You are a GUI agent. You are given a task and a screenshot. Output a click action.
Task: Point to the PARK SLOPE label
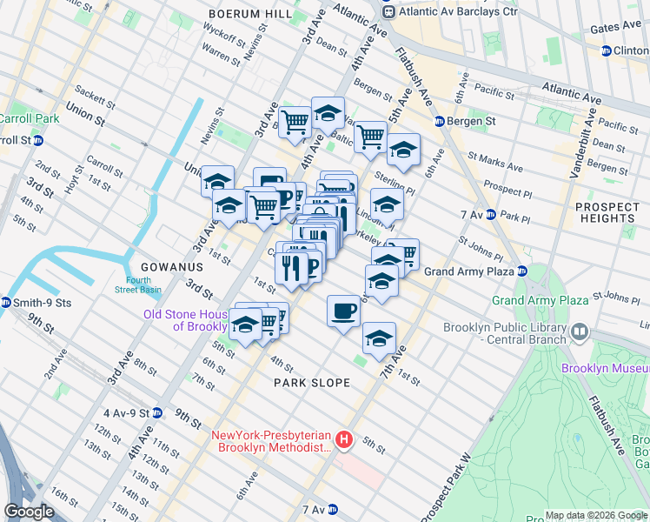[x=312, y=383]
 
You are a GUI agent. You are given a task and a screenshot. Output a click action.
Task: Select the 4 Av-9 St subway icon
[x=156, y=412]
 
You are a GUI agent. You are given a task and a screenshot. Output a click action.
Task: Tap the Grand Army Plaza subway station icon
[x=522, y=271]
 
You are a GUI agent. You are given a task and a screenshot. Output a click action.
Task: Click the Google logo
[x=30, y=512]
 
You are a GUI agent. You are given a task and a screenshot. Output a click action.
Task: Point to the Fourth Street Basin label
[x=139, y=284]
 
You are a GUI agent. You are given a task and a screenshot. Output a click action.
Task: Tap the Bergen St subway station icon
[x=440, y=121]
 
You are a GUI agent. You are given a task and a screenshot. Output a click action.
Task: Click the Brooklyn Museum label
[x=605, y=369]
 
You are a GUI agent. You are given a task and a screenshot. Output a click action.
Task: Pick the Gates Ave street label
[x=614, y=29]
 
